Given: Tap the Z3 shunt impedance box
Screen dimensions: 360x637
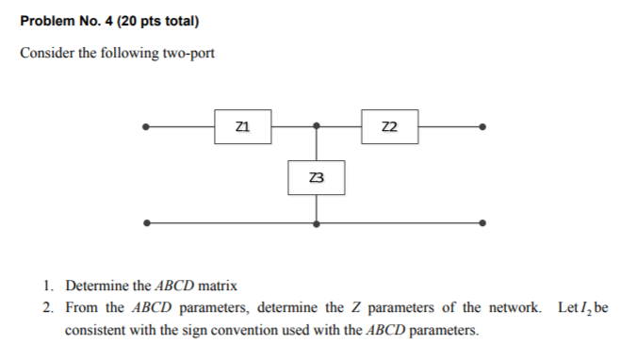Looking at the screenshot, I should pyautogui.click(x=317, y=177).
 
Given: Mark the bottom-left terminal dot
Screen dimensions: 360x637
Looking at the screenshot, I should pyautogui.click(x=144, y=223).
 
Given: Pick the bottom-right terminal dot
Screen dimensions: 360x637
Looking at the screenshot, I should pyautogui.click(x=483, y=223).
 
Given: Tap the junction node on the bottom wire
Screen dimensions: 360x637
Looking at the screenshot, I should pyautogui.click(x=317, y=223).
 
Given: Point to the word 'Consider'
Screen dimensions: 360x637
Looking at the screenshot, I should pyautogui.click(x=45, y=53).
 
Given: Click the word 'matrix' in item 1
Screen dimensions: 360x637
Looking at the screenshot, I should pyautogui.click(x=219, y=286).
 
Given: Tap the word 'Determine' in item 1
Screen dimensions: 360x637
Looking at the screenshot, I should pyautogui.click(x=96, y=286).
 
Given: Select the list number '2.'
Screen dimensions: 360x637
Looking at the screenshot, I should pyautogui.click(x=48, y=308).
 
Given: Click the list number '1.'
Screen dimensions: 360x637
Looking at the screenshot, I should pyautogui.click(x=48, y=286).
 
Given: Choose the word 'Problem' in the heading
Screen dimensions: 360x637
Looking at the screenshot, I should pyautogui.click(x=44, y=21).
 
